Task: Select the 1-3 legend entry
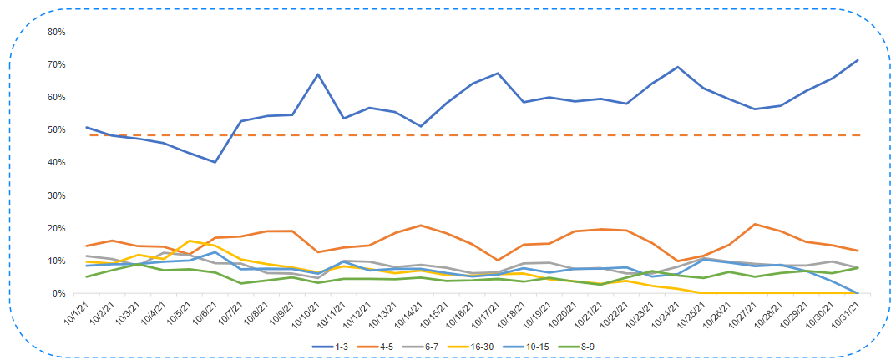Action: [x=337, y=345]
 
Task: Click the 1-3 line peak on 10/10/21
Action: [x=318, y=74]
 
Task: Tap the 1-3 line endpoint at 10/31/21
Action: [x=858, y=60]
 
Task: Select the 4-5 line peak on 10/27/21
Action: [x=756, y=224]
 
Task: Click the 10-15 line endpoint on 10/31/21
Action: [x=858, y=293]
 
